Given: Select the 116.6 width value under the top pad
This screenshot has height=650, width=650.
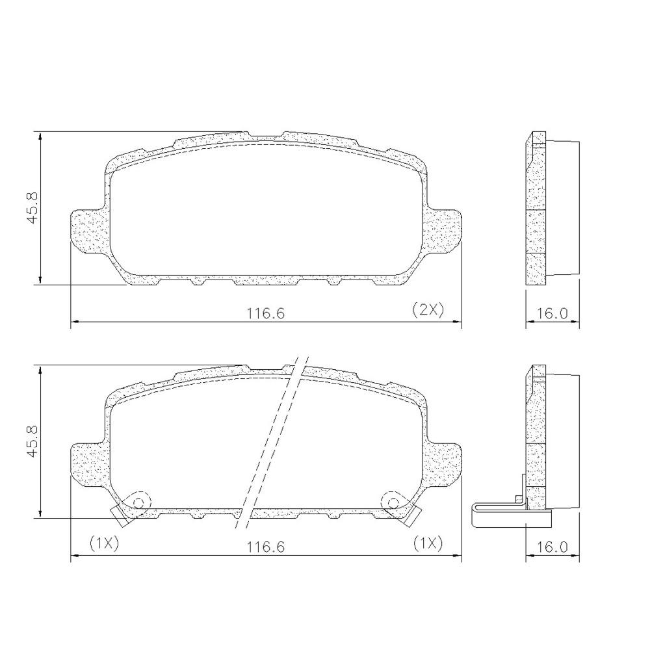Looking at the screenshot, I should coord(265,313).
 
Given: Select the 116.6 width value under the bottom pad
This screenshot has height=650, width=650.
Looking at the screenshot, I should coord(265,547).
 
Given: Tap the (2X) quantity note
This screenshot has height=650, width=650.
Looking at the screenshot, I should coord(428,310).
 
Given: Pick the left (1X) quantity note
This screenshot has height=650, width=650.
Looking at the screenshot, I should coord(104,543).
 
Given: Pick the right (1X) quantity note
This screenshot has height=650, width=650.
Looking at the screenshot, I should coord(428,543).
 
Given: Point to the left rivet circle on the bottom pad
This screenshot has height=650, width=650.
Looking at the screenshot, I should coord(138,502).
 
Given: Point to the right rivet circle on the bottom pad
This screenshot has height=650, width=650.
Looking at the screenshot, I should coord(393,502).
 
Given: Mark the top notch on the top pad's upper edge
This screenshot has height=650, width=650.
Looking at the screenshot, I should coord(265,136).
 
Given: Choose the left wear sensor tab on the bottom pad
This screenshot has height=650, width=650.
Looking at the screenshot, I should coord(120,516).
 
